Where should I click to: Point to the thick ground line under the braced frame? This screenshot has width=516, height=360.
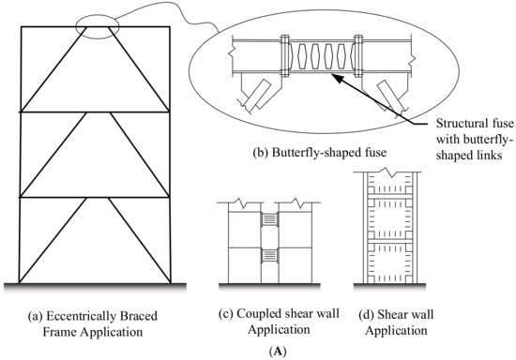pyautogui.click(x=94, y=282)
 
